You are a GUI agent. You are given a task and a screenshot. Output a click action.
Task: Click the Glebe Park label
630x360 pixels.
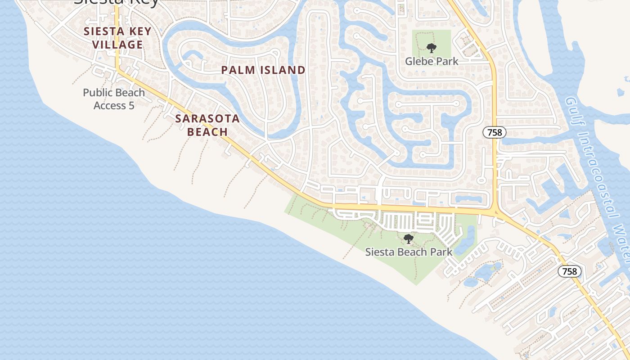(x=432, y=61)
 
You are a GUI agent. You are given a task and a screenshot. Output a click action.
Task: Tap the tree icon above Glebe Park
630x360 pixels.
(x=432, y=48)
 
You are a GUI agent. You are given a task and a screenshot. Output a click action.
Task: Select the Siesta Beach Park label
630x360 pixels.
(x=409, y=252)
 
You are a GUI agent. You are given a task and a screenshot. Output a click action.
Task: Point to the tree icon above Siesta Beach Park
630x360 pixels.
(x=409, y=238)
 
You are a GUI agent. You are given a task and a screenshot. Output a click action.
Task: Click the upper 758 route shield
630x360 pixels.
(x=495, y=132)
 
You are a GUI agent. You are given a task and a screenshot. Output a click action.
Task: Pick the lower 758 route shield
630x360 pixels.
(x=570, y=271)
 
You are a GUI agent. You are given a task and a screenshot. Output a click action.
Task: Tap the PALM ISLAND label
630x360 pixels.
(x=263, y=70)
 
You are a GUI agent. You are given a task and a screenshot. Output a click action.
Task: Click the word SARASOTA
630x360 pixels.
(x=207, y=118)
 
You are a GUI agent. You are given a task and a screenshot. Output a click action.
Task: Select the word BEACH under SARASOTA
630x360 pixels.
(x=207, y=131)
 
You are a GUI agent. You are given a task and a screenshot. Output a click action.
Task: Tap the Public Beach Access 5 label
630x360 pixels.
(x=114, y=99)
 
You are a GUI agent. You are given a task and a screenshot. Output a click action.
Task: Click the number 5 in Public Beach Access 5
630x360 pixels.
(x=131, y=106)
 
